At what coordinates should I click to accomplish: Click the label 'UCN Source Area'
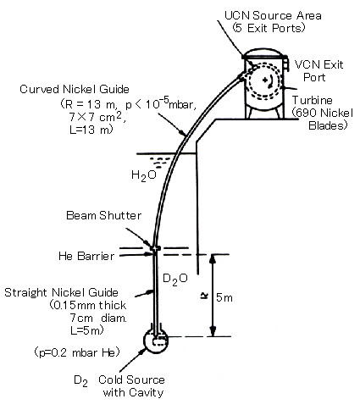click(x=273, y=15)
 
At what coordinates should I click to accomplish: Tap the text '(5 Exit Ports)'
click(x=269, y=28)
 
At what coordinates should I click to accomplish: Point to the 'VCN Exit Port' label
click(x=318, y=71)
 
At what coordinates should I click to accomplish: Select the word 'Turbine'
click(x=313, y=100)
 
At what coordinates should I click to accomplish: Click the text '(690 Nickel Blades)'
click(x=323, y=119)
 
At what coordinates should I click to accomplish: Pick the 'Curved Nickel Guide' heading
click(x=75, y=89)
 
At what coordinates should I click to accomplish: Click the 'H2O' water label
click(x=144, y=175)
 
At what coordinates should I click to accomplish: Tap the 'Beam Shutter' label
click(x=103, y=215)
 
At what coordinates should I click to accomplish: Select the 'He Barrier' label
click(x=86, y=256)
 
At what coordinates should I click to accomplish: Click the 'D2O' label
click(x=175, y=279)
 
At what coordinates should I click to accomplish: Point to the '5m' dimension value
click(x=224, y=297)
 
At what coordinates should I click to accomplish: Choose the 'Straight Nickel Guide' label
click(x=61, y=292)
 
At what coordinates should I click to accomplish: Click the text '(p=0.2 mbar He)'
click(x=77, y=352)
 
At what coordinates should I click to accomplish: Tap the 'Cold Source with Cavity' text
click(x=132, y=386)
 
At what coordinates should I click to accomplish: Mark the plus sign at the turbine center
click(x=264, y=80)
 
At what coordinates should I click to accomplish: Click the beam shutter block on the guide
click(x=155, y=248)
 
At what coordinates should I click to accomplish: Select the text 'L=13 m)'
click(x=91, y=130)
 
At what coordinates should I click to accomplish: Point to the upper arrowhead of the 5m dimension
click(x=213, y=258)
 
